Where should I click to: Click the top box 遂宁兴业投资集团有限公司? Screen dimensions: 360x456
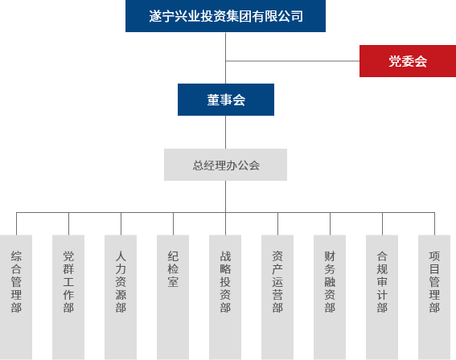click(225, 15)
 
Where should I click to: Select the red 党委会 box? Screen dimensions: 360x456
click(407, 61)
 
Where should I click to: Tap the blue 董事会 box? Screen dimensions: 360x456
click(225, 100)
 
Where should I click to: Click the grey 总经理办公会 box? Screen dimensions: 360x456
click(225, 165)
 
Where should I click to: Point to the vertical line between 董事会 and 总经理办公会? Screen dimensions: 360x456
click(225, 133)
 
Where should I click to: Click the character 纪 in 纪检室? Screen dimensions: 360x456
click(173, 256)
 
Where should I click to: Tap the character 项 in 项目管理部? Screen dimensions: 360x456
click(434, 256)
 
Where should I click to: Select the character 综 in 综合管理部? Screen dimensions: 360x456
click(16, 256)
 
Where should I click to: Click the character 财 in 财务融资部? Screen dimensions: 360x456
click(330, 256)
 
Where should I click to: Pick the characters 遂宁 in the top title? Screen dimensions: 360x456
click(162, 15)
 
